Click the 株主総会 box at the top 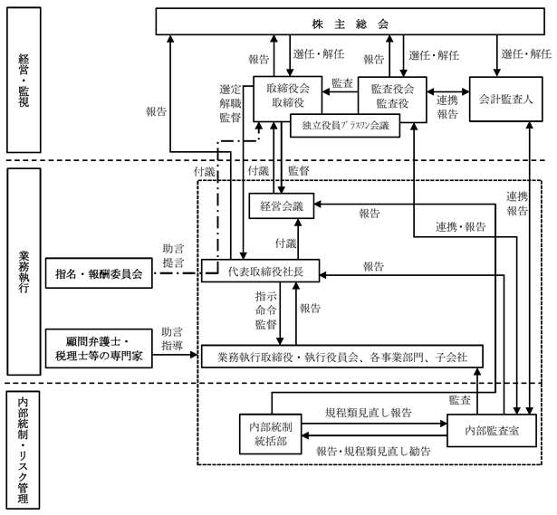pos(350,22)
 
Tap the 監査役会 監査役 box pos(392,95)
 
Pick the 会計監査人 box pos(506,100)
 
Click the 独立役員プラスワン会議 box pos(345,126)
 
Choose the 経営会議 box pos(282,205)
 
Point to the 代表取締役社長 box pos(260,272)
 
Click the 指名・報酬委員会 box pos(99,273)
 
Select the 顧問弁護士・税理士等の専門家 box pos(99,348)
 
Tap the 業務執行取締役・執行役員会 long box pos(342,357)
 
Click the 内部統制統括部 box pos(271,434)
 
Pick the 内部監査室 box pos(492,431)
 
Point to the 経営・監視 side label pos(24,81)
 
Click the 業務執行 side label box pos(24,272)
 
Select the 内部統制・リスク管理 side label pos(24,450)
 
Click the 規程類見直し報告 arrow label pos(369,413)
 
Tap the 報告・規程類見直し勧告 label pos(374,452)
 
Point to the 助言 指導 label pos(172,339)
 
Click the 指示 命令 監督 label pos(265,310)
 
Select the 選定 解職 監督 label pos(230,103)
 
